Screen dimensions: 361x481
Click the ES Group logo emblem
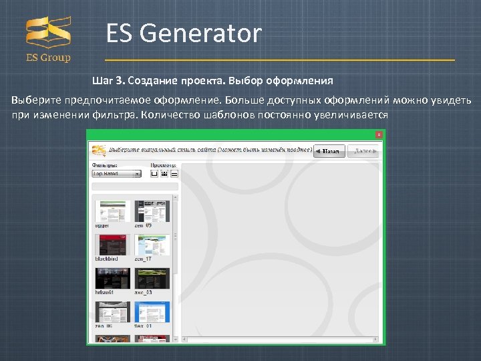(48, 33)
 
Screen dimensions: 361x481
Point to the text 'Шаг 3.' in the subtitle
(108, 81)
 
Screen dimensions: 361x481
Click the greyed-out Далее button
(365, 151)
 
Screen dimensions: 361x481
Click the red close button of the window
(379, 134)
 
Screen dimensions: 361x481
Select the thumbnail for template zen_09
(152, 211)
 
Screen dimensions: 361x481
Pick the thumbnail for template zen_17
(152, 244)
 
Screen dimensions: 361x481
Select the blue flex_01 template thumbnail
(152, 312)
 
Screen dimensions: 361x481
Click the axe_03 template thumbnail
(152, 278)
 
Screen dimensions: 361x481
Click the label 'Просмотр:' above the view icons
(163, 164)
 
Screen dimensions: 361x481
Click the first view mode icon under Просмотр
(154, 173)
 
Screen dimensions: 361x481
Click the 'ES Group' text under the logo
(48, 57)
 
